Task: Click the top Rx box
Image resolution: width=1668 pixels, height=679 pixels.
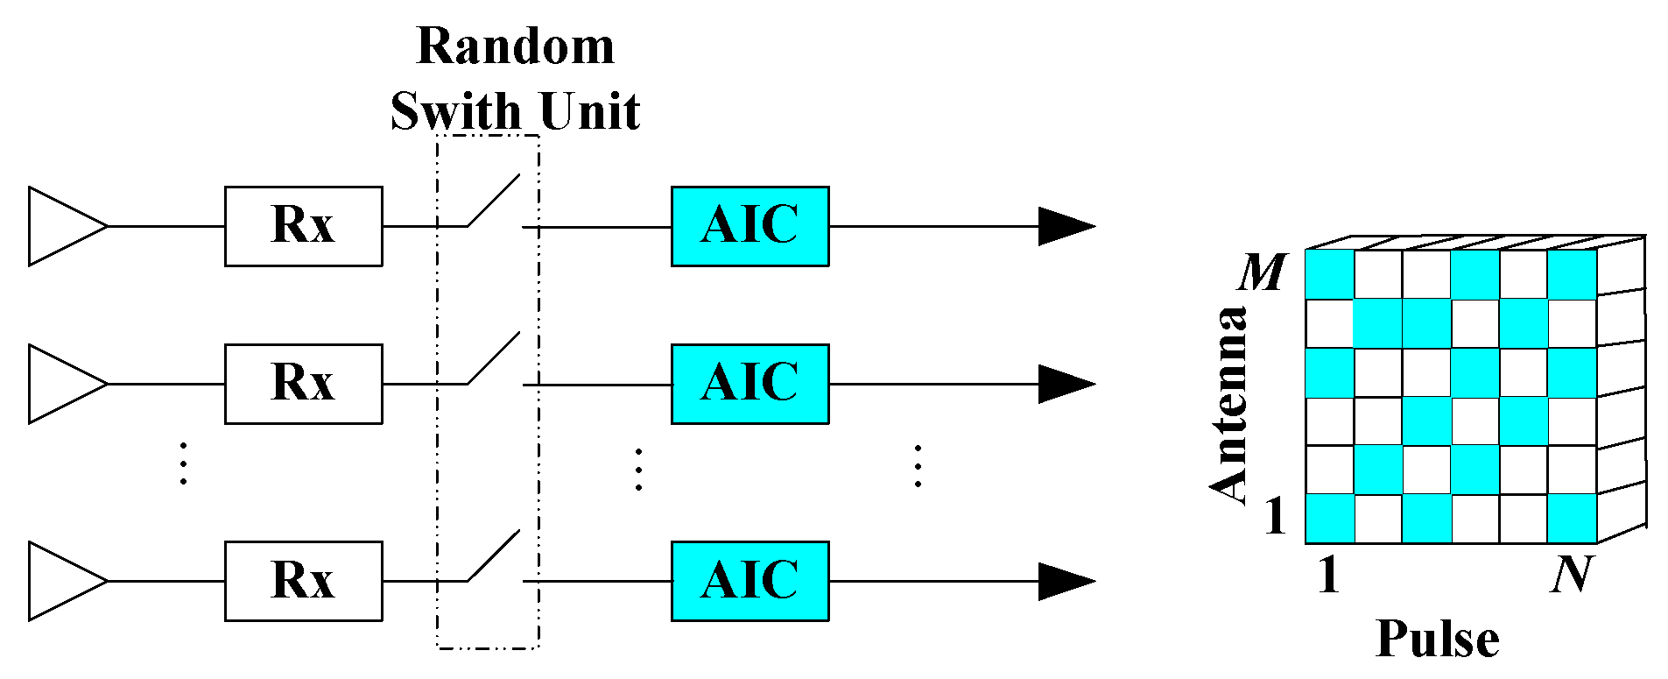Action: (x=303, y=226)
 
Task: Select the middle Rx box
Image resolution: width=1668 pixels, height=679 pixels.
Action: (x=303, y=384)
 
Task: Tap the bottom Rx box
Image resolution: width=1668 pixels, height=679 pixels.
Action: (x=303, y=581)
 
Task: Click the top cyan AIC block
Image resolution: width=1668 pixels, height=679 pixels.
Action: (x=750, y=226)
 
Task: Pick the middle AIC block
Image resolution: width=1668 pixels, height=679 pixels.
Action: (x=750, y=384)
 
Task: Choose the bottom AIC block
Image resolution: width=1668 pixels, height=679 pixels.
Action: (x=750, y=581)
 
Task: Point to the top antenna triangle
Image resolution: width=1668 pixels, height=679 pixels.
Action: (x=61, y=226)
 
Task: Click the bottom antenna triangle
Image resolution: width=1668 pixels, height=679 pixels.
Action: (x=61, y=581)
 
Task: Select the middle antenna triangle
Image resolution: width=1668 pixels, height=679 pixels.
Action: (x=61, y=384)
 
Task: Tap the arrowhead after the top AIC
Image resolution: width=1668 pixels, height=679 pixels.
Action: (x=1065, y=226)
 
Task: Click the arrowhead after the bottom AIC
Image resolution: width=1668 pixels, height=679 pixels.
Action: (x=1065, y=581)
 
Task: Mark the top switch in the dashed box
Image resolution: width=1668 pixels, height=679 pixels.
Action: (x=494, y=202)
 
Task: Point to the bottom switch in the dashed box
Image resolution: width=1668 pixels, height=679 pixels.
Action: (x=494, y=556)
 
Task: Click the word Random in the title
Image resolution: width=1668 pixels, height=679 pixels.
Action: (x=515, y=46)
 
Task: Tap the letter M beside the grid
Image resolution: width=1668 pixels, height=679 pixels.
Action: (x=1262, y=272)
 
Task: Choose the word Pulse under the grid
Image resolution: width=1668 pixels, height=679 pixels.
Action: (x=1437, y=639)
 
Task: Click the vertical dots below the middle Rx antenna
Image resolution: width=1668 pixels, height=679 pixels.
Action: (x=183, y=463)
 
